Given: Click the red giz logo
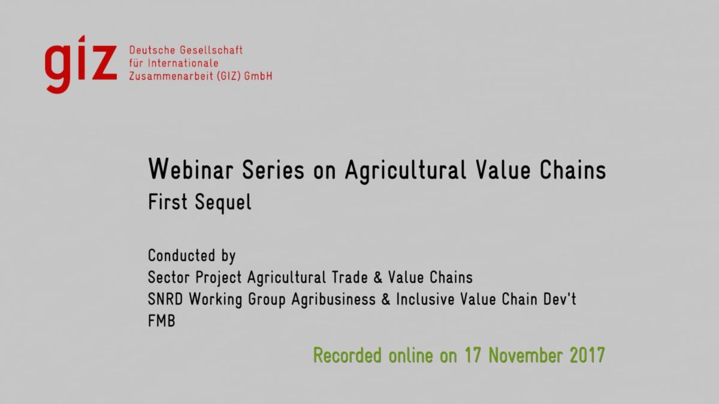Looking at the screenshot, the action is [80, 65].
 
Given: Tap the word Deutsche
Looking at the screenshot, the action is [152, 50].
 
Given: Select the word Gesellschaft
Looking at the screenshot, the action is [211, 50].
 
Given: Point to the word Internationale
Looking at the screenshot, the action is [183, 63].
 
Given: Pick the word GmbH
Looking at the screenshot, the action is [258, 77].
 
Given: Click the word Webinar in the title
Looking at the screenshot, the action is [191, 169].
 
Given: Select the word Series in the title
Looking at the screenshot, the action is [273, 169].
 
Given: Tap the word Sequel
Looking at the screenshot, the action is [223, 203].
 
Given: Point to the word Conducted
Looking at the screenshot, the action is [182, 256].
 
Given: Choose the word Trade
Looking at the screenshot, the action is [349, 277].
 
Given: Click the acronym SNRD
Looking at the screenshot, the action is [165, 299].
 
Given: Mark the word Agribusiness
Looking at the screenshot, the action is [334, 300].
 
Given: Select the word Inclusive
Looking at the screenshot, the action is [425, 299].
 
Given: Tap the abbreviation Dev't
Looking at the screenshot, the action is [560, 299].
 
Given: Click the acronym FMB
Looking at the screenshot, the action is [161, 321].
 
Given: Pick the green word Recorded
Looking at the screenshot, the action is [348, 356].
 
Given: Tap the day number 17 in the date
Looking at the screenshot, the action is [473, 356].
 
